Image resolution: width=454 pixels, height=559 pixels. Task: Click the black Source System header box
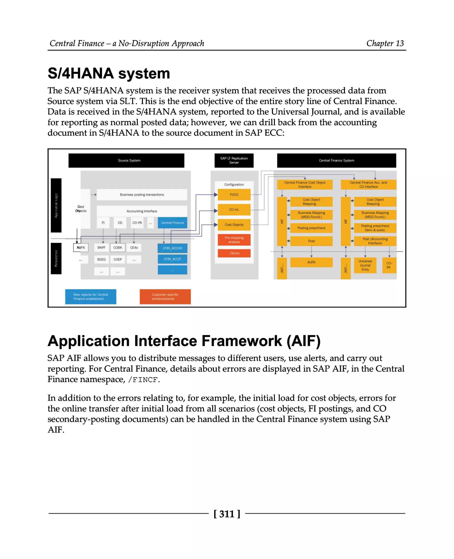click(x=126, y=160)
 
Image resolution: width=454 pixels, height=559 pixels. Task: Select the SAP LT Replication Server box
click(x=234, y=160)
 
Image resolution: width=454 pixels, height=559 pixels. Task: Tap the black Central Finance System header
click(x=336, y=160)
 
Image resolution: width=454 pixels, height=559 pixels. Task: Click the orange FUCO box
click(x=234, y=195)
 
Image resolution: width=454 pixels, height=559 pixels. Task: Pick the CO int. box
click(x=234, y=209)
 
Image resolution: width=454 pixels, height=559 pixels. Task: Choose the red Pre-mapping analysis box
click(x=234, y=240)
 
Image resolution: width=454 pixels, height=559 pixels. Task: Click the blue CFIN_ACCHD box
click(x=172, y=248)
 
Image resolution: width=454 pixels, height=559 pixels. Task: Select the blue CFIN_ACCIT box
click(x=172, y=259)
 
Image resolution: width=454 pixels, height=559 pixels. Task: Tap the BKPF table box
click(x=102, y=248)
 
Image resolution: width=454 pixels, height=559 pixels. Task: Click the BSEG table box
click(x=102, y=259)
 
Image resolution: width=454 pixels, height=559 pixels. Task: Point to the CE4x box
click(x=134, y=248)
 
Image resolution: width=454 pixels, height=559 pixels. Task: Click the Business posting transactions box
click(x=142, y=195)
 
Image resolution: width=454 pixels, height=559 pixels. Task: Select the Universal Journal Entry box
click(x=365, y=265)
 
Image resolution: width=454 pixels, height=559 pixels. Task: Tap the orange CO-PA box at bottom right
click(x=389, y=265)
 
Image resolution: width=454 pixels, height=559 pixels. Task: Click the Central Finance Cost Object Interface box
click(x=305, y=185)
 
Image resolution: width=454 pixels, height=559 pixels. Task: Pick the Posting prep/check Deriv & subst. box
click(x=375, y=228)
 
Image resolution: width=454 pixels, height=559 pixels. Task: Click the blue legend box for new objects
click(x=90, y=297)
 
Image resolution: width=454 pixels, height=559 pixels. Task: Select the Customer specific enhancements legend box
click(x=165, y=297)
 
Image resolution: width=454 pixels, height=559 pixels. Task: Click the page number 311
click(x=227, y=514)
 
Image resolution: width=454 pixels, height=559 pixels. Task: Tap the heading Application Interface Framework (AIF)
click(x=184, y=341)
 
